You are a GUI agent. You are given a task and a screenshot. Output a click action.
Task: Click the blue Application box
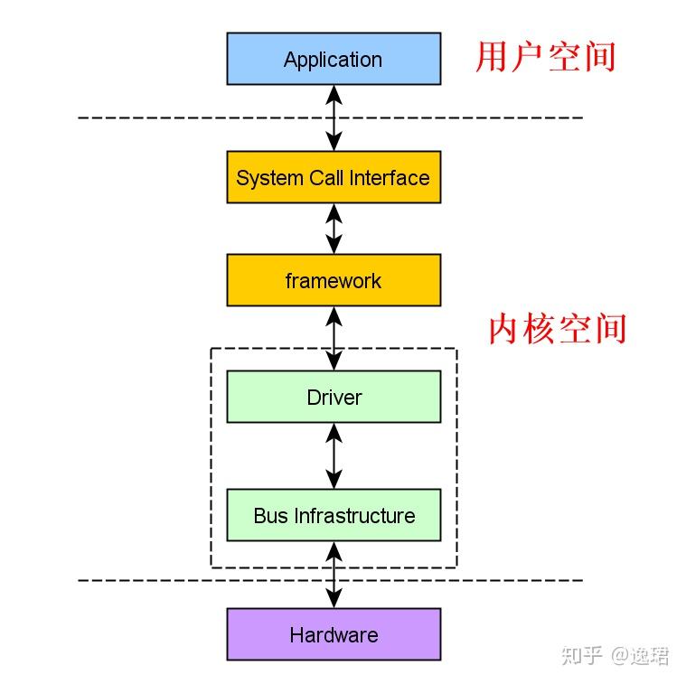coord(334,59)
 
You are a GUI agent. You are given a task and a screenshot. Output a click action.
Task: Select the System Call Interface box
coord(334,177)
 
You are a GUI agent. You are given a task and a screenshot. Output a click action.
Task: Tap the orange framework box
coord(334,280)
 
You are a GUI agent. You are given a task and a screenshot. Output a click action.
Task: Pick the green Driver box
coord(334,397)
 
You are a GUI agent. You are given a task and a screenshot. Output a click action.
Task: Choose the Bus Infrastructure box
coord(334,515)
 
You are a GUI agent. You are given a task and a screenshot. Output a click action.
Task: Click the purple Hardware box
coord(334,634)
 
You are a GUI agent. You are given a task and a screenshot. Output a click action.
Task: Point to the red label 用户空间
coord(545,56)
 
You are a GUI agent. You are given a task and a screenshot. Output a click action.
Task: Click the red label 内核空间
coord(557,329)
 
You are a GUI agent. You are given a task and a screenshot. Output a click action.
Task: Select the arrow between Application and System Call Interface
coord(334,117)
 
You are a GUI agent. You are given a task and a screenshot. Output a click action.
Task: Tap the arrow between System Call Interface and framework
coord(334,229)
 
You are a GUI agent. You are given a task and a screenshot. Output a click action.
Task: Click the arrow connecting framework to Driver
coord(334,338)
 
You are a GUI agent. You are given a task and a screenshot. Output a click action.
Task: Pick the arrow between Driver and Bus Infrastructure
coord(334,456)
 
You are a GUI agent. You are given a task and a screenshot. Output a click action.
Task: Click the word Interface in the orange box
coord(392,177)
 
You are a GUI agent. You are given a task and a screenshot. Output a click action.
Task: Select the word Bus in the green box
coord(269,516)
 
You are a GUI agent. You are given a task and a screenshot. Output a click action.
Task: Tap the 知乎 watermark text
coord(582,655)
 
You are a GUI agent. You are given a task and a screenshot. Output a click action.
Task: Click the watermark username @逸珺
coord(640,655)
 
